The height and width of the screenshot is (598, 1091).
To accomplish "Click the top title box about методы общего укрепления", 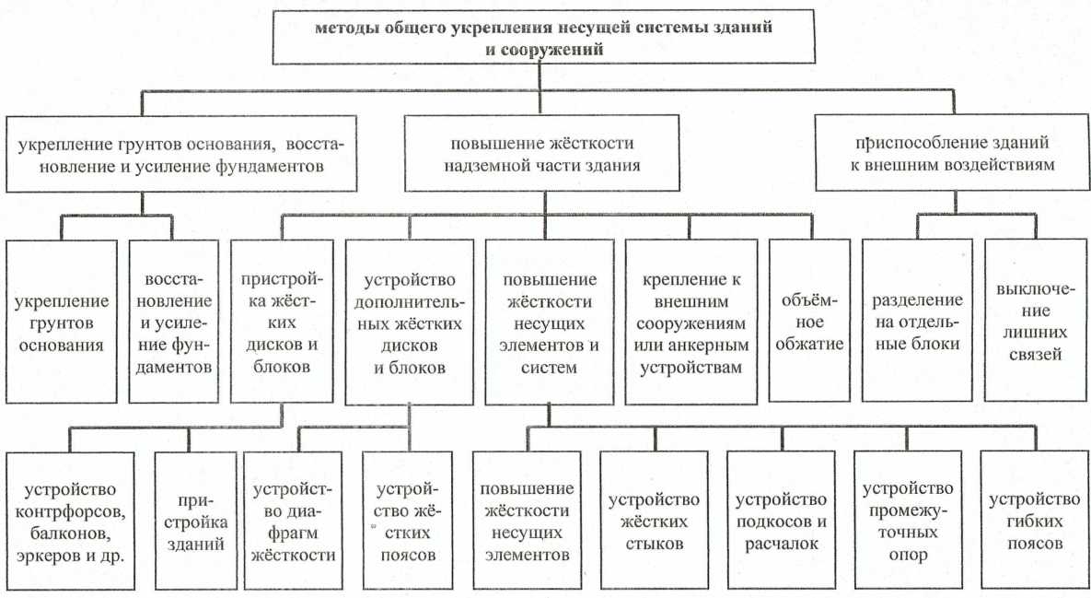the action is click(543, 37).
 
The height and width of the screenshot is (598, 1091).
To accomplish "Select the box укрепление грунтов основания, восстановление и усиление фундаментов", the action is click(180, 154).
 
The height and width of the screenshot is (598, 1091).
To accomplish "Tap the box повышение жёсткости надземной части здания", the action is click(542, 154).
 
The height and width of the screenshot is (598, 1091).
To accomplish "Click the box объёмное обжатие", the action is click(809, 321).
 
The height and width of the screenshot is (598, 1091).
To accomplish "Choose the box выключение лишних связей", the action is click(1036, 321).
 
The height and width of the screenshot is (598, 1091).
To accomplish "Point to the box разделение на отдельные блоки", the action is click(917, 321).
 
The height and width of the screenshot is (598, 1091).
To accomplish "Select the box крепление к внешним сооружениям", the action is click(691, 322).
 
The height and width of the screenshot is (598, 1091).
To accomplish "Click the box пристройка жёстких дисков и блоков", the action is click(281, 321).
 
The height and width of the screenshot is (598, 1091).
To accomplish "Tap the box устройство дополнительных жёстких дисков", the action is click(409, 322).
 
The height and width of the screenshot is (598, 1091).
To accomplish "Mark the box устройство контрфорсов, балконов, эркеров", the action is click(70, 521).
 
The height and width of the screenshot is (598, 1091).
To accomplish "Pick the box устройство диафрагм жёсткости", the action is click(293, 521).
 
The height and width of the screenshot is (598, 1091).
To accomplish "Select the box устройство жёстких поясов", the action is click(407, 521).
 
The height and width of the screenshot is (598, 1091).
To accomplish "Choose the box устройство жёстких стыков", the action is click(654, 521).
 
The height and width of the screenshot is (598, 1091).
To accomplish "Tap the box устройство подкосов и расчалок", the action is click(782, 521).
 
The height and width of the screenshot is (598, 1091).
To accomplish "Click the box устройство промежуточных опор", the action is click(908, 521).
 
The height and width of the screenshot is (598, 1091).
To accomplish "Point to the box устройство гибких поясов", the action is click(1035, 521).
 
